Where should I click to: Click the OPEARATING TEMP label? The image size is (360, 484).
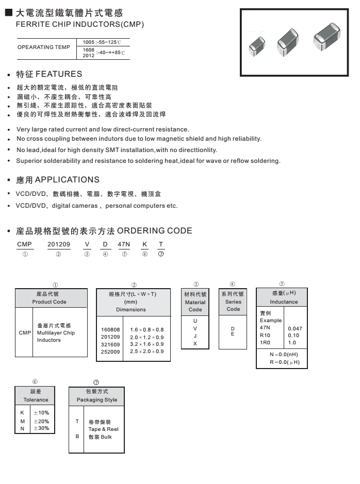(43, 47)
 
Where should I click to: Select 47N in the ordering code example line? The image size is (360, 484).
(124, 245)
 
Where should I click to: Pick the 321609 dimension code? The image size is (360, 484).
(110, 344)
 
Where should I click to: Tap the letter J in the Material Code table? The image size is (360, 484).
(195, 336)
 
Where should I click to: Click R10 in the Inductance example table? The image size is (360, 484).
(265, 335)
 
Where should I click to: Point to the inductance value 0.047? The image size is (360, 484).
(295, 328)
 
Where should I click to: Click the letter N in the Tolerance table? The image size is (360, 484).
(22, 428)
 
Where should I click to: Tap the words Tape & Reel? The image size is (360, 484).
(103, 429)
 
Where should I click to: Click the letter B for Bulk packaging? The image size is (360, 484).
(77, 437)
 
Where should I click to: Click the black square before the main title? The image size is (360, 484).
(8, 11)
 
